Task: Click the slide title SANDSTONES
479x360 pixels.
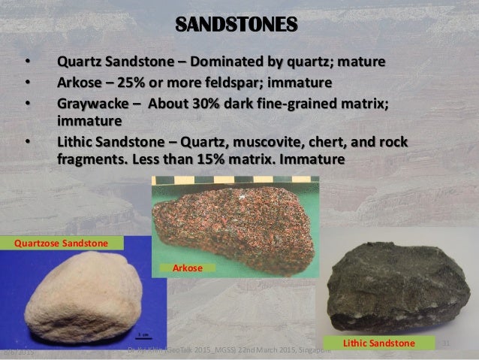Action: tap(239, 24)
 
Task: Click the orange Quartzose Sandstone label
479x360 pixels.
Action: tap(62, 243)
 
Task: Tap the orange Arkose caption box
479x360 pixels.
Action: tap(185, 268)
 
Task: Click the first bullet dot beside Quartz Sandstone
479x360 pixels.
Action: tap(28, 61)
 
